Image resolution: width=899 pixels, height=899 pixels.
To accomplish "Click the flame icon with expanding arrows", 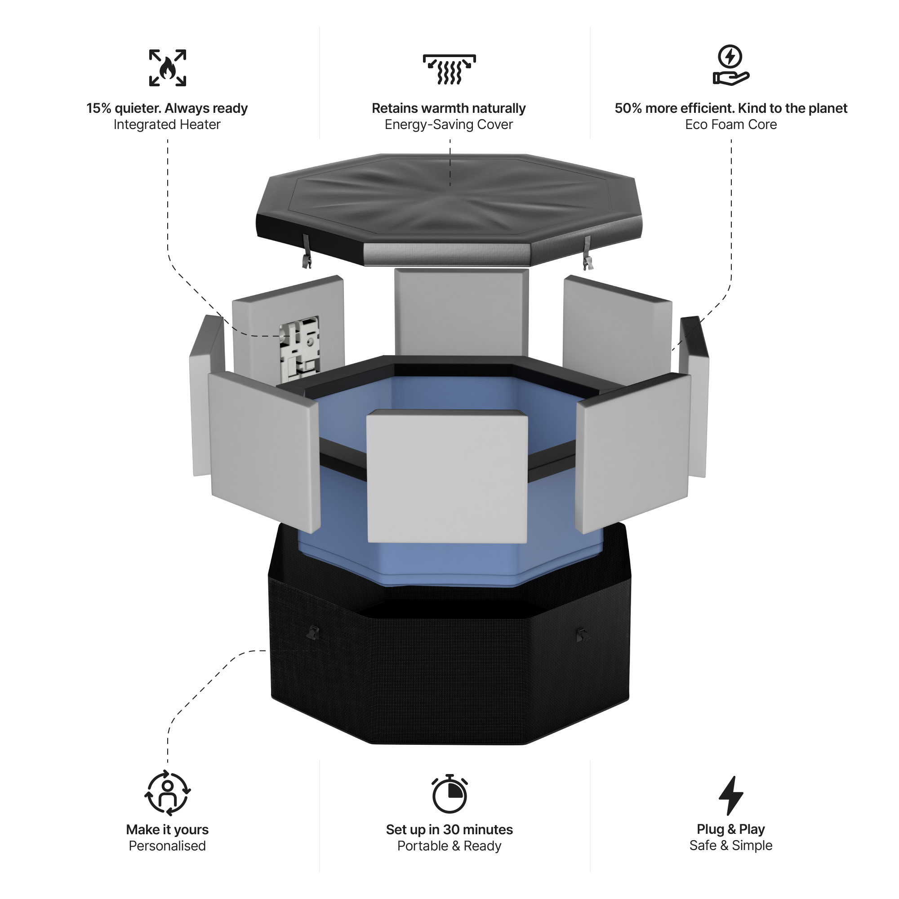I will point(168,68).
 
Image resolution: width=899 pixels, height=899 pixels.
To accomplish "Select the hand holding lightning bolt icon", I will point(730,65).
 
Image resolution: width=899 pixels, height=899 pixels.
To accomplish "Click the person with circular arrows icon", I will point(168,793).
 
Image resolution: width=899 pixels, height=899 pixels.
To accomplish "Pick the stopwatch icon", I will point(449,794).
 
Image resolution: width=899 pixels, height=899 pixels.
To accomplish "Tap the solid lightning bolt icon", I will point(730,795).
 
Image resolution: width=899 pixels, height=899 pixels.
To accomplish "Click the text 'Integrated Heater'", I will point(167,125).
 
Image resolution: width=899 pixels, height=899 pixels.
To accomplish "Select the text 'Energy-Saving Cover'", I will point(449,125).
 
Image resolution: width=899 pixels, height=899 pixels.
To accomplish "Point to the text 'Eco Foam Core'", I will point(730,125).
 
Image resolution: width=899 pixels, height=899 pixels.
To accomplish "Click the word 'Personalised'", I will point(167,846).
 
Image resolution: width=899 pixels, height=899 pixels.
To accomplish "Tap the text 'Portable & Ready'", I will point(449,846).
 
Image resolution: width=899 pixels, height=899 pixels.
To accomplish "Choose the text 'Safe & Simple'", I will point(730,846).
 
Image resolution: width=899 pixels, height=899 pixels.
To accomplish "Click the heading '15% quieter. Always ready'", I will point(167,108).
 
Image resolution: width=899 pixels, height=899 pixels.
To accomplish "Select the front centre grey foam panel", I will point(447,477).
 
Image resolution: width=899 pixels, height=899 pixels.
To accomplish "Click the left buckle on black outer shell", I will point(313,632).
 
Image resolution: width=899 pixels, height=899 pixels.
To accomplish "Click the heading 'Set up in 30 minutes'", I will point(449,830).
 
